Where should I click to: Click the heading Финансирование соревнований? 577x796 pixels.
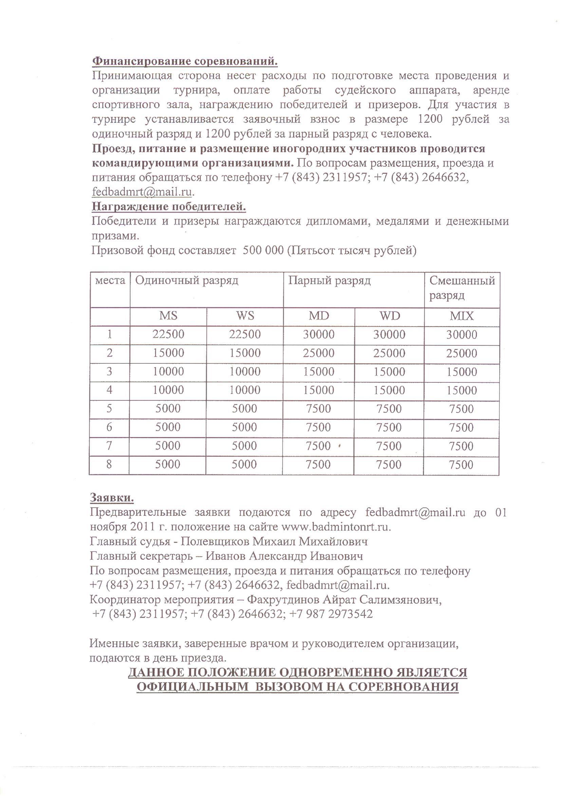click(x=185, y=61)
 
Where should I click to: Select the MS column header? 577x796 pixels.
click(x=168, y=316)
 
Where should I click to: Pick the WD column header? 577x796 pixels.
click(x=389, y=316)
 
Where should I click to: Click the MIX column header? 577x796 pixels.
click(x=462, y=316)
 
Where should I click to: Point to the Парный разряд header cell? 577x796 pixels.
click(x=329, y=281)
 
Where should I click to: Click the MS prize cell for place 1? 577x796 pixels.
click(x=168, y=334)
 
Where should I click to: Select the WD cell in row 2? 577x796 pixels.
click(x=389, y=353)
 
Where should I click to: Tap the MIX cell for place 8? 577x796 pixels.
click(x=461, y=465)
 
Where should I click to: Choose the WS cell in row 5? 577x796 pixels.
click(x=244, y=409)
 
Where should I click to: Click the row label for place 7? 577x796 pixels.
click(x=109, y=446)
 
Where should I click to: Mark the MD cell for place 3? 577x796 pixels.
click(x=318, y=372)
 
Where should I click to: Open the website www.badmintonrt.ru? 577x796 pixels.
click(x=336, y=527)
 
